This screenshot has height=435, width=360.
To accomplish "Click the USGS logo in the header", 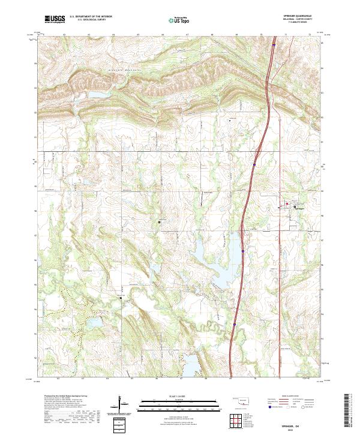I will pyautogui.click(x=55, y=19).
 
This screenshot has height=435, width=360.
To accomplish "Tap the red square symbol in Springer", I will pyautogui.click(x=287, y=204).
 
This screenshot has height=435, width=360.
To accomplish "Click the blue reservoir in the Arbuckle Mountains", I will pyautogui.click(x=96, y=94).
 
